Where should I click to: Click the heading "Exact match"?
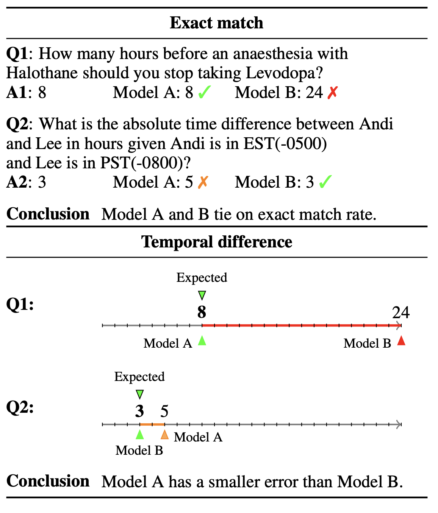[x=216, y=23]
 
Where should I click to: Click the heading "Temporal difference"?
[x=217, y=242]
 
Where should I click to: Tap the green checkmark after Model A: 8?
[x=204, y=92]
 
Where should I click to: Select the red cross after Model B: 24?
[x=332, y=93]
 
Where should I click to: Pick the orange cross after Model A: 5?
[x=203, y=182]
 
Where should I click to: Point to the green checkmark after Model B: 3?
[x=325, y=182]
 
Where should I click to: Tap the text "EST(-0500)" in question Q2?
[x=285, y=144]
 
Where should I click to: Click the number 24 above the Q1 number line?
[x=400, y=312]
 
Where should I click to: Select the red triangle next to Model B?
[x=401, y=341]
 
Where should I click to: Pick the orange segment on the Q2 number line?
[x=152, y=424]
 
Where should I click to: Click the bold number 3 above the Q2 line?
[x=139, y=412]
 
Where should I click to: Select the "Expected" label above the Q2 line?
[x=139, y=377]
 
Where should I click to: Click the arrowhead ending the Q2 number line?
[x=399, y=424]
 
